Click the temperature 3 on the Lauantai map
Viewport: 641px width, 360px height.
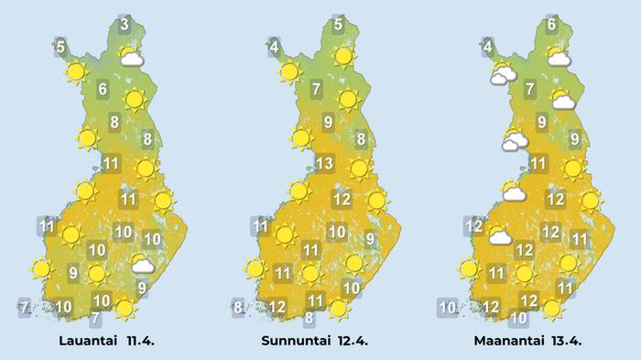125,24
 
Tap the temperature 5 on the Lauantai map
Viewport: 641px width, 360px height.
60,46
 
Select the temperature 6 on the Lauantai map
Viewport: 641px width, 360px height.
103,90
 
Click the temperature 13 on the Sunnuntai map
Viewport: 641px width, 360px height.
322,165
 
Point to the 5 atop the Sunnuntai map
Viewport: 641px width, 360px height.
338,25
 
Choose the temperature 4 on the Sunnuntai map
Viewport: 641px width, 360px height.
274,44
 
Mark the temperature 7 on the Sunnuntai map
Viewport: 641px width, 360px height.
316,90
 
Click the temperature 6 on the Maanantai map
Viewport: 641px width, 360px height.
552,25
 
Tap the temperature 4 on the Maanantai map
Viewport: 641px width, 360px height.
488,46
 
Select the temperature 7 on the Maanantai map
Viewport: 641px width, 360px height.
530,90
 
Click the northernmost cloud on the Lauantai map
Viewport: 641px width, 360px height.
134,60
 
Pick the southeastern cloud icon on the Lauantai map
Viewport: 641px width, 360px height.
142,266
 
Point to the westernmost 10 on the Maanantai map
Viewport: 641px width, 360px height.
447,307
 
